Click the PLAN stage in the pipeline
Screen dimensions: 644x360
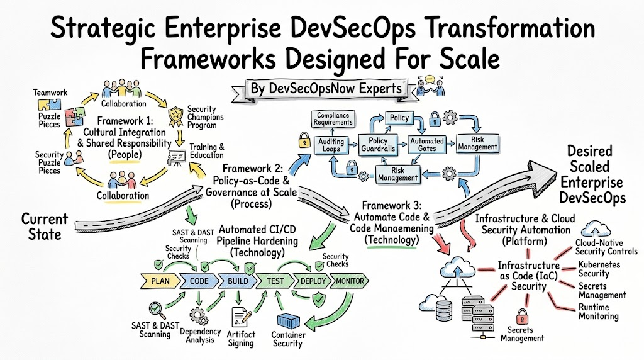[x=160, y=281]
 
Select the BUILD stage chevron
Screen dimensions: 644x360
[x=237, y=281]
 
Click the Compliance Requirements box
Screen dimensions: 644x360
[x=333, y=119]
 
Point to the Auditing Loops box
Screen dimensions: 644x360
[x=331, y=145]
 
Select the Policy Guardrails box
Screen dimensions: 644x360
[x=378, y=145]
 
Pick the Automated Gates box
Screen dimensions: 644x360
[x=427, y=145]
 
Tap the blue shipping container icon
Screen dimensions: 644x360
[x=289, y=322]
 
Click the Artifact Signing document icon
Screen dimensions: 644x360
[x=241, y=317]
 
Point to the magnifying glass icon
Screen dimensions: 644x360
[x=157, y=310]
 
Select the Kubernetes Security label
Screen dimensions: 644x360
[x=599, y=269]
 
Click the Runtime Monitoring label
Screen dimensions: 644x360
[x=599, y=312]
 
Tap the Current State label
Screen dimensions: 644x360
[x=45, y=227]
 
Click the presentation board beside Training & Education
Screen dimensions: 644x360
[x=177, y=157]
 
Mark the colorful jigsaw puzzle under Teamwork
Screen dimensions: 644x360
[x=75, y=115]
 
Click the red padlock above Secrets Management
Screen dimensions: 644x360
[x=521, y=317]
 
